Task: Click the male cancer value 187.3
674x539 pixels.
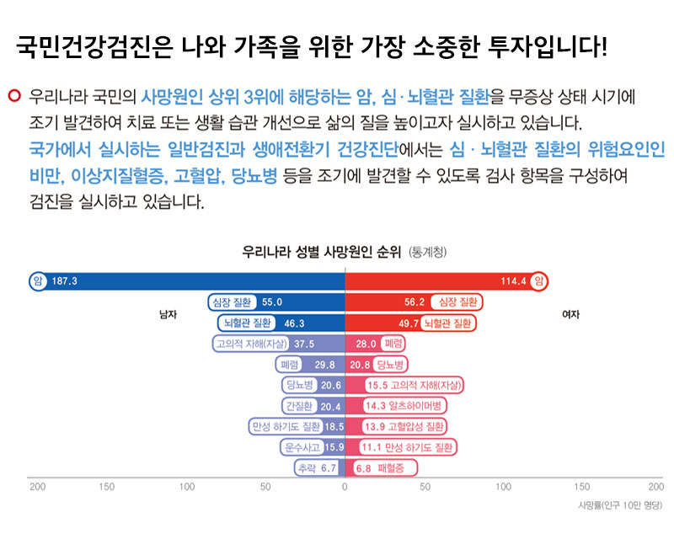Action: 65,280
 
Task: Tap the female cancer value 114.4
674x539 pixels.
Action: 514,280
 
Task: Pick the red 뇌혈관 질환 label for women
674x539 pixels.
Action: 448,323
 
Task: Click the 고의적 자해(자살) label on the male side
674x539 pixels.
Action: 252,344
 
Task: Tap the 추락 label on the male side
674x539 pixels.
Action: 306,468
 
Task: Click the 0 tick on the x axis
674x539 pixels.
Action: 345,487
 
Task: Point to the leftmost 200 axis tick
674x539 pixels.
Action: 37,487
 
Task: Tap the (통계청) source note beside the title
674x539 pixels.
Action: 427,252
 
